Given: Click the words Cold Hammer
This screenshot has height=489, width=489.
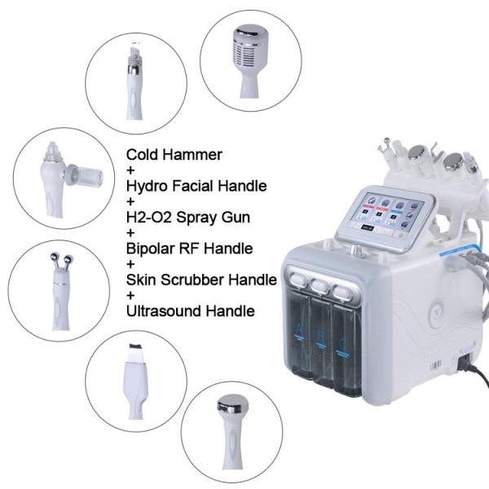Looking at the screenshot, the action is pyautogui.click(x=174, y=155).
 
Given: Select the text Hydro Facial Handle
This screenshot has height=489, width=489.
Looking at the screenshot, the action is pyautogui.click(x=196, y=186).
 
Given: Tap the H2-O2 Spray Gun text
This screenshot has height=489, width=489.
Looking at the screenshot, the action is pyautogui.click(x=188, y=218).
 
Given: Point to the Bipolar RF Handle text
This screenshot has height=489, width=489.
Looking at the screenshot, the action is pyautogui.click(x=189, y=249).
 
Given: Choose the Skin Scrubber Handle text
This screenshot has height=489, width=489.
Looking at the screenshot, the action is pyautogui.click(x=201, y=280).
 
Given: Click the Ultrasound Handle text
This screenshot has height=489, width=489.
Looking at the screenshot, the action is pyautogui.click(x=190, y=311).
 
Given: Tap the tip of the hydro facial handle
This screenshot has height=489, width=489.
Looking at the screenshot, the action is pyautogui.click(x=134, y=52).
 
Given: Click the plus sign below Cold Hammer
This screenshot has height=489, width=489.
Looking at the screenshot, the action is pyautogui.click(x=130, y=170).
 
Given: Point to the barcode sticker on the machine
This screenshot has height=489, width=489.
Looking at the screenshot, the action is pyautogui.click(x=436, y=365).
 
